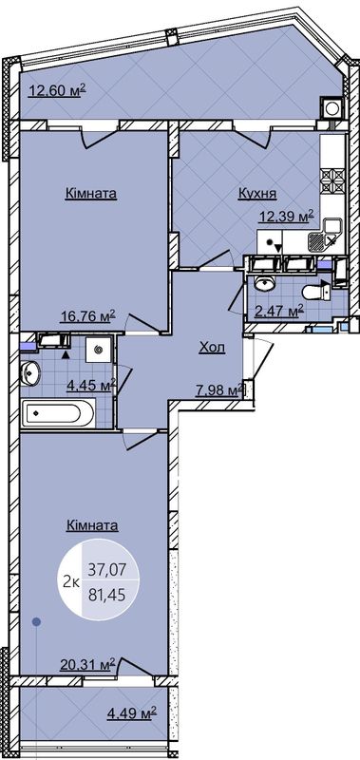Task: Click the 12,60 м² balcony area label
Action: (57, 90)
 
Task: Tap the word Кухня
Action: (256, 194)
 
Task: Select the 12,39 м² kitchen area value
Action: (286, 217)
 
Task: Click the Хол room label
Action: (212, 348)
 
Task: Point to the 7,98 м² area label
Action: (218, 390)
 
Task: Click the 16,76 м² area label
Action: (87, 316)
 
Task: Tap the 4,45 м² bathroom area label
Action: (90, 388)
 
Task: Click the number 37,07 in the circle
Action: (106, 570)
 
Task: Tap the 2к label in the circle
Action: (71, 582)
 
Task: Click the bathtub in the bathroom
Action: (58, 413)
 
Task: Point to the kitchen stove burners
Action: (332, 181)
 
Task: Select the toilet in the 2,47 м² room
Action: (315, 293)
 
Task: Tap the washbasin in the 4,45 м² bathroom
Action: (30, 373)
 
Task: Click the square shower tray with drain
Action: (99, 349)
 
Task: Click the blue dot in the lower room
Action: (36, 621)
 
